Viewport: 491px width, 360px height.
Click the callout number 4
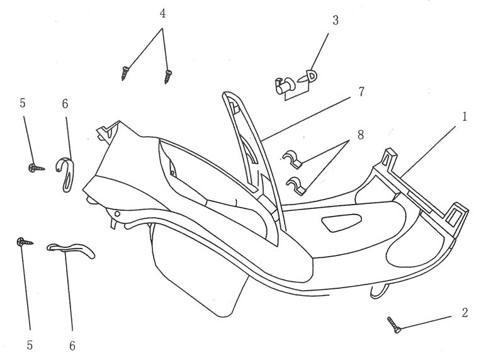tap(162, 14)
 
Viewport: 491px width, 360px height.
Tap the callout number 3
tap(336, 20)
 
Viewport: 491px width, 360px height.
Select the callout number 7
tap(361, 92)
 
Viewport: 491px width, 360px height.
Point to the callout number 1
tap(464, 116)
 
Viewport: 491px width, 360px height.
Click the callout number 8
tap(360, 135)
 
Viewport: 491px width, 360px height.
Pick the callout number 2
tap(465, 312)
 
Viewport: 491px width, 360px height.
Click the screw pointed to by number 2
tap(395, 325)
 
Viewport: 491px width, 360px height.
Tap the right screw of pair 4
tap(167, 77)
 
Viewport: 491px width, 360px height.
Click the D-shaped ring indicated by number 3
tap(312, 76)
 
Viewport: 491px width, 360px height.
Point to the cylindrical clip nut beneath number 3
tap(285, 85)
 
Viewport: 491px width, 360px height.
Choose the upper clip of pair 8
tap(292, 159)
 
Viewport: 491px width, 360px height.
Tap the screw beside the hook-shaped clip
tap(35, 167)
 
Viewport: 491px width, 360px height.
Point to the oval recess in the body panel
tap(339, 222)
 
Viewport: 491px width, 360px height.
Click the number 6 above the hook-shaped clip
tap(65, 103)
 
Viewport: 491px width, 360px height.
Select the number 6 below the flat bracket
tap(72, 345)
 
